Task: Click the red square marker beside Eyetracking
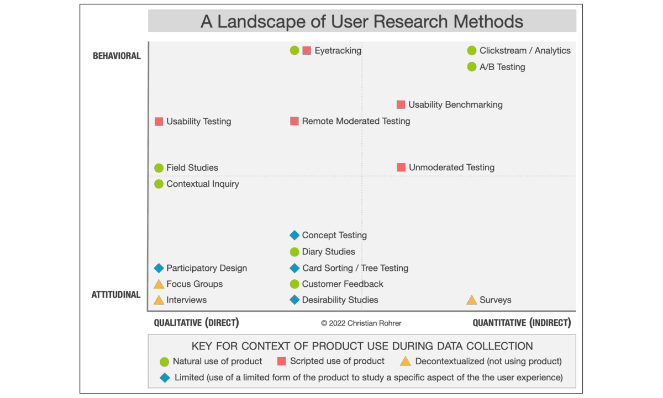coord(307,51)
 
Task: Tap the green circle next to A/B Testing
coord(471,67)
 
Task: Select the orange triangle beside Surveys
coord(471,300)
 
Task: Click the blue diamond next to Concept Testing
coord(294,235)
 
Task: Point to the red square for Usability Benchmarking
coord(401,104)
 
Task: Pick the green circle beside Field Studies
coord(159,168)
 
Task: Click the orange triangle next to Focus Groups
coord(159,284)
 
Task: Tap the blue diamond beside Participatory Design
coord(159,268)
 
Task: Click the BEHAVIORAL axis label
coord(117,56)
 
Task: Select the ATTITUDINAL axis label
coord(115,295)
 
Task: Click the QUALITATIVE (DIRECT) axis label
coord(196,323)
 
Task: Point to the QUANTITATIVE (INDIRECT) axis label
coord(522,323)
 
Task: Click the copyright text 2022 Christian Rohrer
coord(361,323)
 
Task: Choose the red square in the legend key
coord(281,362)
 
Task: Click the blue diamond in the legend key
coord(165,378)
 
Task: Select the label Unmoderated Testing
coord(452,167)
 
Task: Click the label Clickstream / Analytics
coord(525,51)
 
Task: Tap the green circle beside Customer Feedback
coord(294,284)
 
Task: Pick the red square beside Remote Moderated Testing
coord(294,121)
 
